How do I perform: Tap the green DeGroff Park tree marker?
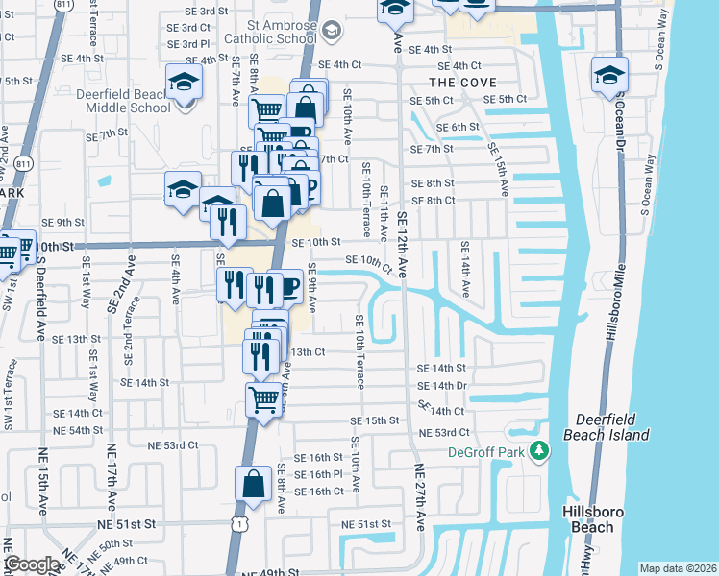tap(539, 450)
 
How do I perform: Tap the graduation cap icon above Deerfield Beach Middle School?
tap(183, 81)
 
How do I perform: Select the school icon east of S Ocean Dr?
tap(609, 74)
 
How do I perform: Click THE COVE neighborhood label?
tap(465, 83)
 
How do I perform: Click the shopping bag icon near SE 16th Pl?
tap(253, 485)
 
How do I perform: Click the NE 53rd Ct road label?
tap(173, 444)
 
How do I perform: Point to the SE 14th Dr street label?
tap(442, 385)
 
